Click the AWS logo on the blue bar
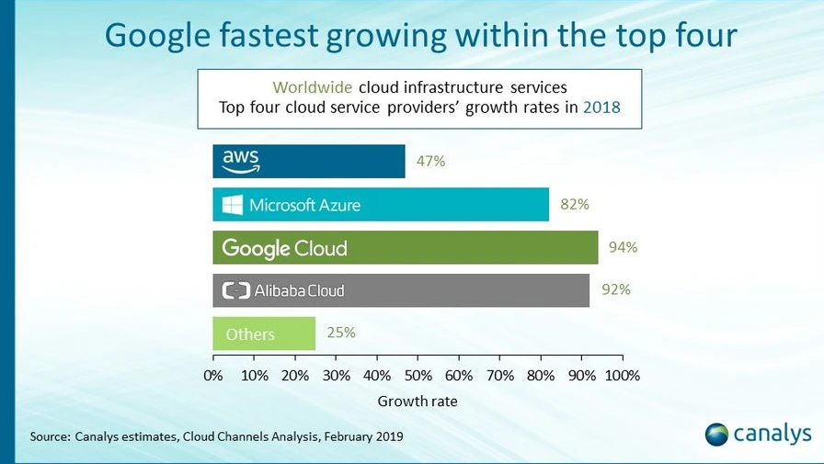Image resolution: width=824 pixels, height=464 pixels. (x=241, y=162)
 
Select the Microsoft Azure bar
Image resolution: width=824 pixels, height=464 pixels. (x=380, y=205)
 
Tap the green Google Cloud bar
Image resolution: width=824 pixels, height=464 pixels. (x=405, y=247)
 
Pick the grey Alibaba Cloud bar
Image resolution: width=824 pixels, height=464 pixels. (x=400, y=290)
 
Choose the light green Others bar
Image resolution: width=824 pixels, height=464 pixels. (x=264, y=334)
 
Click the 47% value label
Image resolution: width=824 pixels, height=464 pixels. (x=430, y=162)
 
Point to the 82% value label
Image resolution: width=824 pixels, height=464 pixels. (x=574, y=205)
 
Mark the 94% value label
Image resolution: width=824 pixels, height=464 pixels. (x=623, y=247)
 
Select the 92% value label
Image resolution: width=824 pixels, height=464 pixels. (x=616, y=289)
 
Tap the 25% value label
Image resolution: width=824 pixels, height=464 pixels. (x=340, y=333)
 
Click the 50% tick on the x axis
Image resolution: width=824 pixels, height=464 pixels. (x=418, y=375)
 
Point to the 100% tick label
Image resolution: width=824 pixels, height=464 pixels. (x=623, y=375)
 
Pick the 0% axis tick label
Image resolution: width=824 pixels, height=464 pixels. (x=212, y=375)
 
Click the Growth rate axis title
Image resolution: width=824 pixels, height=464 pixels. (x=418, y=402)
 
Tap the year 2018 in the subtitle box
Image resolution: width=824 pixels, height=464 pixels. (x=601, y=108)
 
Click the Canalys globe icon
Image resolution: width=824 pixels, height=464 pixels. (x=717, y=434)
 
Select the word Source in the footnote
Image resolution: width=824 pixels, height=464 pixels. (x=50, y=436)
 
